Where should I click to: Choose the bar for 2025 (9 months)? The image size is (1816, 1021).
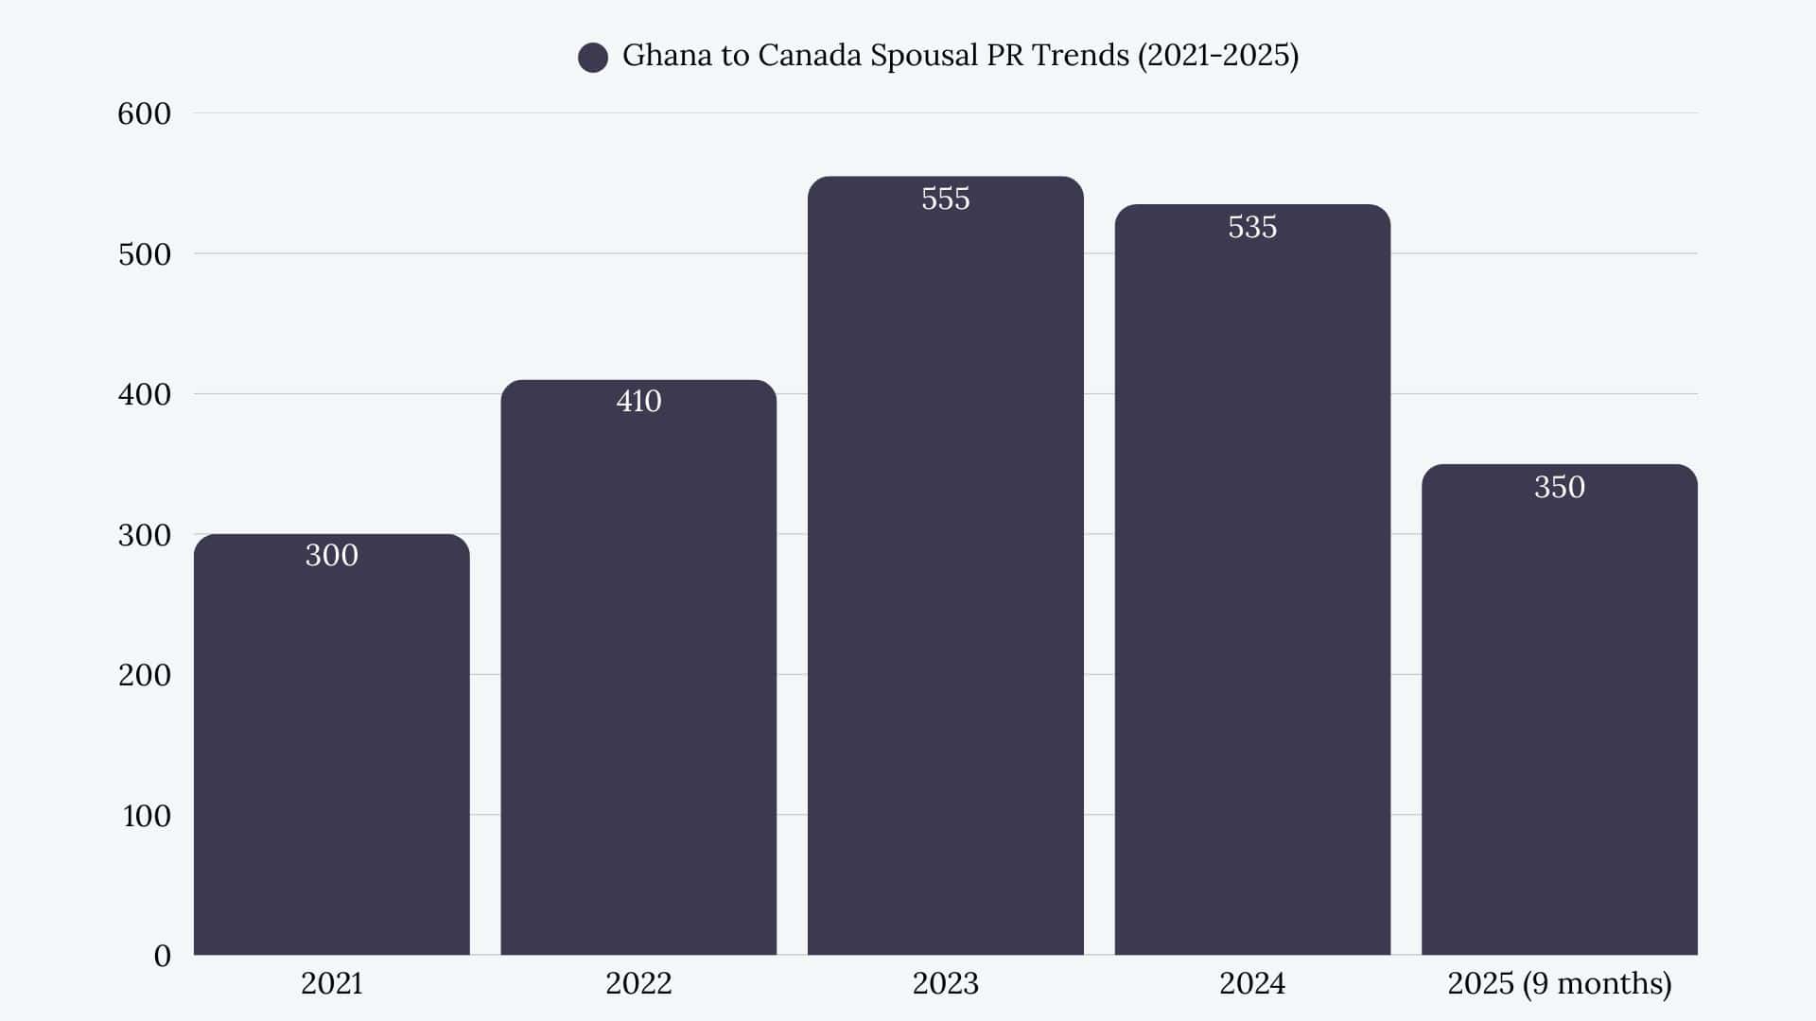[1559, 718]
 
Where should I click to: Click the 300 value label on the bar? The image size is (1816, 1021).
[331, 555]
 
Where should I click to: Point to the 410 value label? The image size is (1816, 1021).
[638, 401]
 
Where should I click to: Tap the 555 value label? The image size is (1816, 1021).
[945, 199]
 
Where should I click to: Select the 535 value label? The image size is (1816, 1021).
[1252, 227]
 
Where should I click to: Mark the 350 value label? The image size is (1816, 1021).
[1559, 487]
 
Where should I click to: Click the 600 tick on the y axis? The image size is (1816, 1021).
[144, 113]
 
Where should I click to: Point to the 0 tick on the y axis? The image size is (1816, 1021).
[162, 956]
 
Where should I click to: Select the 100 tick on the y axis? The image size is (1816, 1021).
[146, 816]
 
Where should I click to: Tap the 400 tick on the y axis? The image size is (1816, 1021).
[144, 394]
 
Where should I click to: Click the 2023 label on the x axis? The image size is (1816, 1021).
[945, 983]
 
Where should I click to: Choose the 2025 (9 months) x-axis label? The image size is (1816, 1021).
[1559, 983]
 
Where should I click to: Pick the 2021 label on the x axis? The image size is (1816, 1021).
[331, 983]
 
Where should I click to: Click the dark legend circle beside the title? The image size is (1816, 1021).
[593, 58]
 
